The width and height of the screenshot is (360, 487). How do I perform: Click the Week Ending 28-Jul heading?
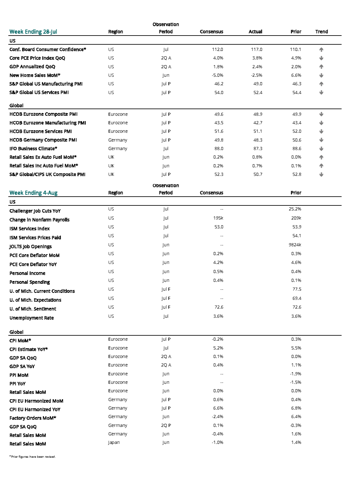[33, 31]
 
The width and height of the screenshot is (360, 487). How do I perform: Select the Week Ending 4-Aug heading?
[33, 193]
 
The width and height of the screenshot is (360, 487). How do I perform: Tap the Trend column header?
[321, 31]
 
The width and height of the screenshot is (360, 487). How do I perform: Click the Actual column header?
[255, 31]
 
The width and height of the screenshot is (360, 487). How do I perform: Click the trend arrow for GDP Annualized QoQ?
[321, 67]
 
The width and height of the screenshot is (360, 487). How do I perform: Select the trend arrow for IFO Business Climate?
[321, 148]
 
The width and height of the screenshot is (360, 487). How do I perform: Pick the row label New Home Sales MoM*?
[35, 75]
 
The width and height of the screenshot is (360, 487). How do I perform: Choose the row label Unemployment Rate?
[31, 318]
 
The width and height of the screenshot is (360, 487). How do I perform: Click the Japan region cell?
[114, 442]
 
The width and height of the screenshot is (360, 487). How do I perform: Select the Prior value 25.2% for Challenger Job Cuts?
[295, 209]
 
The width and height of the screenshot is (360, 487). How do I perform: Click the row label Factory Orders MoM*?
[33, 418]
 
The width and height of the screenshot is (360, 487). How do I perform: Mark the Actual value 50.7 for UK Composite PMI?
[258, 174]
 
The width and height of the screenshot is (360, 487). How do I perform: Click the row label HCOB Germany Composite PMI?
[43, 140]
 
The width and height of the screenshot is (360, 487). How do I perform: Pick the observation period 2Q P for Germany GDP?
[166, 425]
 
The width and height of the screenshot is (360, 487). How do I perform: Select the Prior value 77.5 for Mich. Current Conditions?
[296, 289]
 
